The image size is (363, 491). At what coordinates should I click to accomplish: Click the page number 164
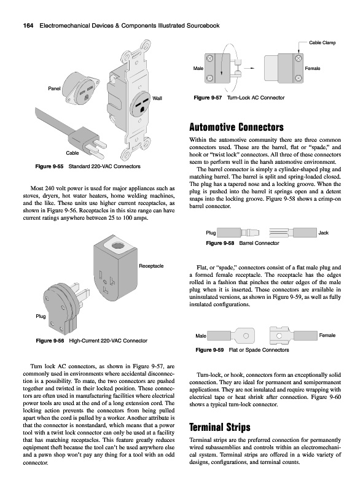pos(28,26)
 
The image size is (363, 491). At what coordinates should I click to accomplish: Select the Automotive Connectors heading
pos(236,127)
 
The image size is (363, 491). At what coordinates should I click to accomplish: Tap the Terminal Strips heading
pos(220,427)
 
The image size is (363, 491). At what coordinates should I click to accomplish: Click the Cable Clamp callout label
pos(322,42)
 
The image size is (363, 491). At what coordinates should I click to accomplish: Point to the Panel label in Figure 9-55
pos(54,88)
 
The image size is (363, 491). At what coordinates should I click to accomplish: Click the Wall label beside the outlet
pos(157,98)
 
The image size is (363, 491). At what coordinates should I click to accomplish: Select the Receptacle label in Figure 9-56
pos(151,266)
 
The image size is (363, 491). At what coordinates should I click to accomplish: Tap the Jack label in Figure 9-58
pos(324,233)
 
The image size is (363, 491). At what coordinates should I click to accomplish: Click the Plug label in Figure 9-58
pos(211,233)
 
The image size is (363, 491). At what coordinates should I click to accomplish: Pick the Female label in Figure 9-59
pos(327,335)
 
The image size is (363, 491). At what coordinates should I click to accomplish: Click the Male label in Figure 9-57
pos(198,68)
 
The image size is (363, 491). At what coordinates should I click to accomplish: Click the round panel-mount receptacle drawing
pos(82,88)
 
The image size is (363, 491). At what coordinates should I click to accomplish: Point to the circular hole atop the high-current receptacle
pos(118,244)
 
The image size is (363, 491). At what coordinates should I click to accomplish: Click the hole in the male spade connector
pos(246,336)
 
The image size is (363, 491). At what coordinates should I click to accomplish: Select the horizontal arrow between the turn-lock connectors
pos(249,68)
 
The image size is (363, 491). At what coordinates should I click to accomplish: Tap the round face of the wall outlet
pos(142,103)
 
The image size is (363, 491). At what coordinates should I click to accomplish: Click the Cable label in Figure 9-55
pos(72,153)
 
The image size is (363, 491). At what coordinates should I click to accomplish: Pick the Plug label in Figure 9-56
pos(41,316)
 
